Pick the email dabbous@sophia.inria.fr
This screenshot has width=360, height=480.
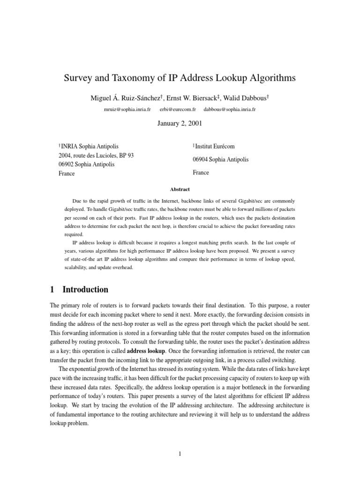(230, 109)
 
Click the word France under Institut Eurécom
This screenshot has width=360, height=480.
(201, 172)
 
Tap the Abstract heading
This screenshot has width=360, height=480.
(180, 189)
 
